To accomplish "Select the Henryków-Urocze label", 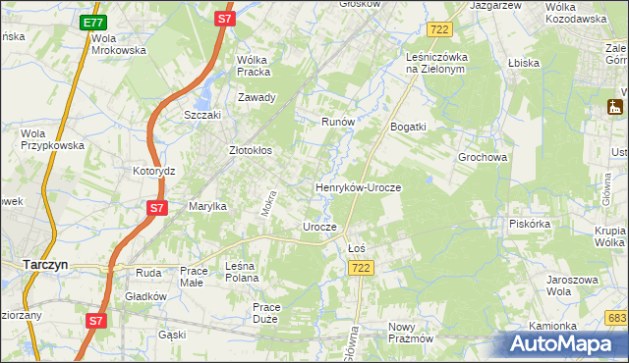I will coord(358,186).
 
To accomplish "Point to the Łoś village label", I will coord(357,248).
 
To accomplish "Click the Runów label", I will coord(338,122).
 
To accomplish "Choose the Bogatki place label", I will coord(408,127).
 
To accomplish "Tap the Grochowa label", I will coord(482,157).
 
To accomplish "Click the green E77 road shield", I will coord(92,23).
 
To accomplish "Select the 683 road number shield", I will coord(616,318).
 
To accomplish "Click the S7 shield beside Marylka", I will coord(156,208).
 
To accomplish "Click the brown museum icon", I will coord(616,107).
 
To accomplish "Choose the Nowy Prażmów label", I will coord(411,333).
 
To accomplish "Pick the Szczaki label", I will coord(203,115).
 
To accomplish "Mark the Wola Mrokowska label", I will coord(118,44).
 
